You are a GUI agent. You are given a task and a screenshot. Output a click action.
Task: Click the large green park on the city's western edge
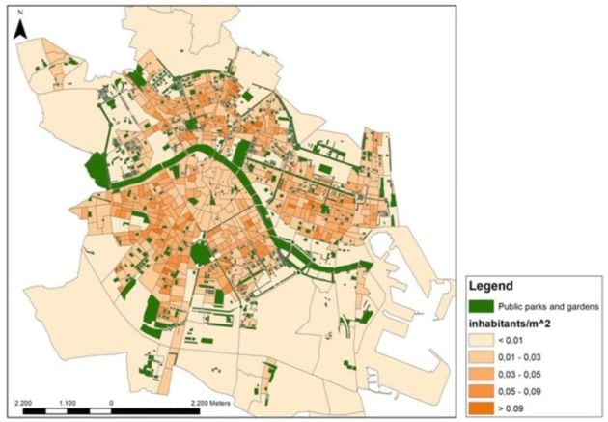[x=98, y=171]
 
